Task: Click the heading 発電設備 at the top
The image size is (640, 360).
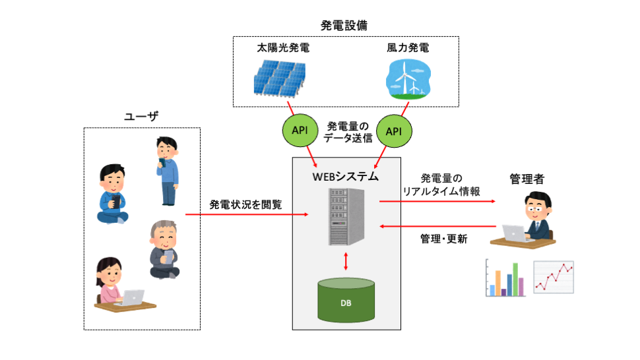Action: tap(343, 26)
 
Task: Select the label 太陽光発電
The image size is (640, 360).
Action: tap(283, 49)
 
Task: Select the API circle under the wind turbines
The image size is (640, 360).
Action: tap(393, 131)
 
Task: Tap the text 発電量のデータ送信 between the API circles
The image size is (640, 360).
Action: tap(346, 132)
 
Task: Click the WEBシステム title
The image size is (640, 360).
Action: tap(346, 176)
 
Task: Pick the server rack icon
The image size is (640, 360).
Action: tap(346, 216)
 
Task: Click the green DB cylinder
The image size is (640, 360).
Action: tap(346, 300)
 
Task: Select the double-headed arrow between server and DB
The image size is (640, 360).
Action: tap(346, 262)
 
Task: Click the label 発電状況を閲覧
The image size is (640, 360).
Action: tap(245, 204)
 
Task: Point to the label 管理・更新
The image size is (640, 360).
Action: tap(443, 239)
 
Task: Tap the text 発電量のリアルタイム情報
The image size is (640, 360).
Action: tap(441, 185)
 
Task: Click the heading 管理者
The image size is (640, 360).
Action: tap(528, 179)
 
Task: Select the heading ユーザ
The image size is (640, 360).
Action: tap(142, 117)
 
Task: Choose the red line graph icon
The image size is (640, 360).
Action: tap(554, 277)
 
